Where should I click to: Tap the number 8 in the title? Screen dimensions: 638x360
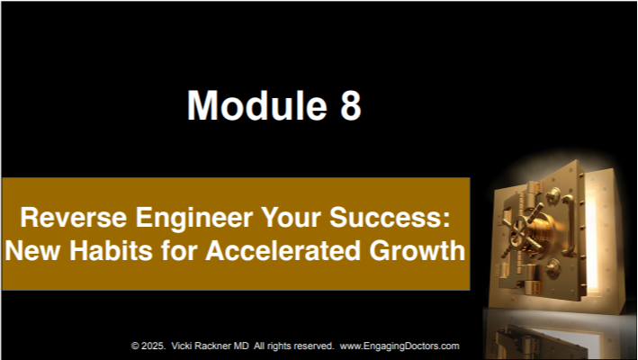[351, 105]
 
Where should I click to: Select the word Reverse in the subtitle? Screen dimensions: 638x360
[74, 217]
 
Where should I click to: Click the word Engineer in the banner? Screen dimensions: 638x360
[194, 218]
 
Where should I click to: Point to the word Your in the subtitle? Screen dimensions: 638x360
[291, 217]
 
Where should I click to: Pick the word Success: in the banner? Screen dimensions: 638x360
[390, 217]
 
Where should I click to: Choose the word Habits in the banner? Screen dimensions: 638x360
[111, 250]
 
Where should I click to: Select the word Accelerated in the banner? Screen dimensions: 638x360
[283, 250]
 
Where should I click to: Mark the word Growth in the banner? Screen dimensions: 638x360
[417, 250]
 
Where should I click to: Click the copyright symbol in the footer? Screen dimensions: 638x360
[135, 346]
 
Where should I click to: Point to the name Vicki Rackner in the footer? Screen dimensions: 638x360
[202, 346]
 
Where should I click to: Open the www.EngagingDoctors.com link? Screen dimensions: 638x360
[400, 346]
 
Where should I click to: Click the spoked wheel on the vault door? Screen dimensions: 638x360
[522, 230]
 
